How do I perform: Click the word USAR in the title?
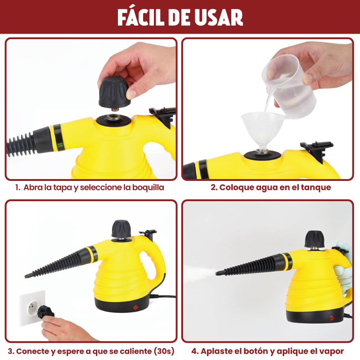219,18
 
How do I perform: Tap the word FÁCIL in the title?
140,17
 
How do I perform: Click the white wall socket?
32,308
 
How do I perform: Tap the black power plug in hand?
45,312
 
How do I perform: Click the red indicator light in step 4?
332,318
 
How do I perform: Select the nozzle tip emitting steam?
217,273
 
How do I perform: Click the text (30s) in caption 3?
164,351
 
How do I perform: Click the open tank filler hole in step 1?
113,118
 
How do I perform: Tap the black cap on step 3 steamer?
121,229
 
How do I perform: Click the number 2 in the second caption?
213,187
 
